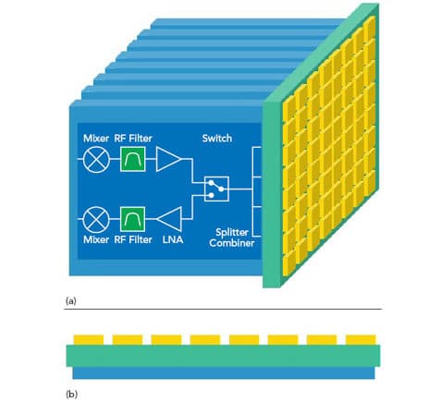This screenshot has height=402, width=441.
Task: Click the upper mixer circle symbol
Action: pos(96,159)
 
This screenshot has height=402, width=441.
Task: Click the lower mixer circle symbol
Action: pos(96,219)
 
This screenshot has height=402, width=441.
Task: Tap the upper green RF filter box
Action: pos(132,159)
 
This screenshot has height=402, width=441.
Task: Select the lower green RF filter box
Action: pos(132,219)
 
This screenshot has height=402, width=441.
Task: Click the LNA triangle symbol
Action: pos(169,219)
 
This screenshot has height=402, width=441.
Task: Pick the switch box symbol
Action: pos(216,189)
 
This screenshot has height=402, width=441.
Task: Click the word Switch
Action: pos(217,139)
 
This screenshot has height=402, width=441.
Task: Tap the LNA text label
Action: pos(173,239)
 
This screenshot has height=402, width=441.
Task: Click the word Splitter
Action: pos(232,232)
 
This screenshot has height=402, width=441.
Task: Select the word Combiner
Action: pos(232,243)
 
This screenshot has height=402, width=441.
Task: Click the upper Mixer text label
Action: pos(96,139)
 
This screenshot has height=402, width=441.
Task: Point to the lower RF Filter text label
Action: pos(133,239)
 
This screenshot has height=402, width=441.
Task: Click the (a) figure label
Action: pos(71,301)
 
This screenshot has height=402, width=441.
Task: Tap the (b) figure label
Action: pos(71,395)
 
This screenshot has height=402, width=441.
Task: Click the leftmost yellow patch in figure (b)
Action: pos(89,340)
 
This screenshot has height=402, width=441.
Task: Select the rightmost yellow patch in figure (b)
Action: pos(361,340)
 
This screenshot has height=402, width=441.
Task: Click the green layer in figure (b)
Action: pos(223,356)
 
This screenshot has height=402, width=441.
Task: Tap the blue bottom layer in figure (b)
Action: pos(224,372)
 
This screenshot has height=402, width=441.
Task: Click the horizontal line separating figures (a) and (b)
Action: pos(223,309)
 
